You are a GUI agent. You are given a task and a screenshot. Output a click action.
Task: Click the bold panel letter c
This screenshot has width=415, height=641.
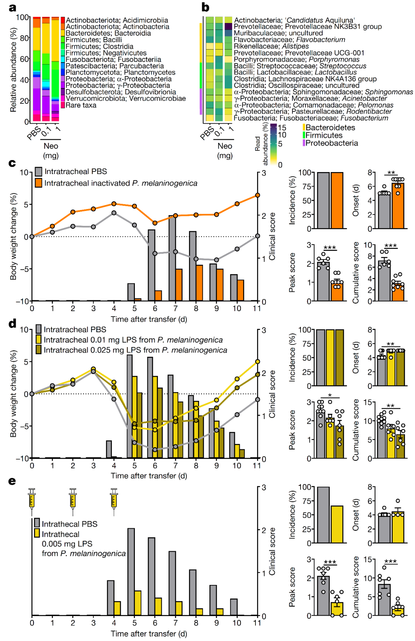[12, 163]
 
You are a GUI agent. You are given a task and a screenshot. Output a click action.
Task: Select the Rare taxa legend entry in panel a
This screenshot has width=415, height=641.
[81, 105]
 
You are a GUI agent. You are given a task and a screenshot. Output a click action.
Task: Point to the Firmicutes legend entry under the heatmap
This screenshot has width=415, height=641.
[324, 135]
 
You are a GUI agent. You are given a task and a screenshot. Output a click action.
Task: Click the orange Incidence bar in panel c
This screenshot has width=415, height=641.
[337, 200]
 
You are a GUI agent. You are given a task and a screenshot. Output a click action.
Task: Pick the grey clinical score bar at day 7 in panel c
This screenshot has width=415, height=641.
[172, 258]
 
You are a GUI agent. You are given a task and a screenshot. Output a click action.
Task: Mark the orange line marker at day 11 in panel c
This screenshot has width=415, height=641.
[257, 195]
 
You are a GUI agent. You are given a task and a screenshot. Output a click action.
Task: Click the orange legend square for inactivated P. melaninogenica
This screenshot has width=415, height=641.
[38, 183]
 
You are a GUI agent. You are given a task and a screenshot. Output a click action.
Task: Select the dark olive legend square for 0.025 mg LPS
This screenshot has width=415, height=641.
[38, 350]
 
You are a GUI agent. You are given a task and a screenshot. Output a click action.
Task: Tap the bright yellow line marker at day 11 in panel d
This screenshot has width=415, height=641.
[257, 362]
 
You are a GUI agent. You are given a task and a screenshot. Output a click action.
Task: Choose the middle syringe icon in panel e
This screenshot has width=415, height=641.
[73, 500]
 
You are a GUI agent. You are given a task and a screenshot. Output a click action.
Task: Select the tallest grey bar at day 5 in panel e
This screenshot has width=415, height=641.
[131, 572]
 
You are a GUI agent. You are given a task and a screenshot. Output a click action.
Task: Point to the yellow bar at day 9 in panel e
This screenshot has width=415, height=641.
[220, 612]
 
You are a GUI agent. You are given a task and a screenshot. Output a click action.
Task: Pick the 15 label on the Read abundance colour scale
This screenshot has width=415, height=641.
[282, 128]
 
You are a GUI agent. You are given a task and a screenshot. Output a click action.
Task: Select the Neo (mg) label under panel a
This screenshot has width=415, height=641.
[51, 151]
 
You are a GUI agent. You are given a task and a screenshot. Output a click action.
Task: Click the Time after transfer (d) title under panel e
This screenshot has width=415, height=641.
[149, 634]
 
